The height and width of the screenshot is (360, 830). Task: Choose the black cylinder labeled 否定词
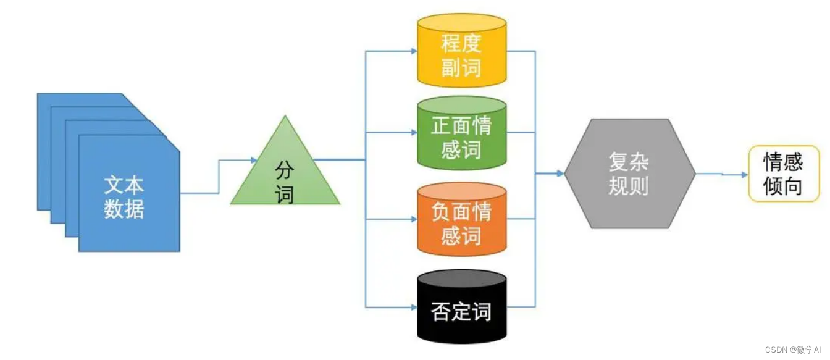point(461,309)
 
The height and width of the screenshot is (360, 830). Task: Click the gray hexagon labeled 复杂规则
point(629,174)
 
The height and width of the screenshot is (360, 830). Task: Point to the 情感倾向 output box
point(783,174)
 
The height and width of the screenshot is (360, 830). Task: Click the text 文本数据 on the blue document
point(124,197)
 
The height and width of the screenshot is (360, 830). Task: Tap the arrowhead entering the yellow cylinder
point(413,51)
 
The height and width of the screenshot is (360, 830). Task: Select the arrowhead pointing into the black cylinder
point(413,307)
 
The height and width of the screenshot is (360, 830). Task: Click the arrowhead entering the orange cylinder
point(413,219)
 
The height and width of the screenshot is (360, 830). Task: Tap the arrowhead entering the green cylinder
point(413,132)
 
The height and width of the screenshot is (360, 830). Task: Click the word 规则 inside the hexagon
point(629,185)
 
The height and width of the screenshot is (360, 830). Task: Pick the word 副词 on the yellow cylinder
point(461,67)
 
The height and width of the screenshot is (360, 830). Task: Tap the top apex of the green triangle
point(285,116)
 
